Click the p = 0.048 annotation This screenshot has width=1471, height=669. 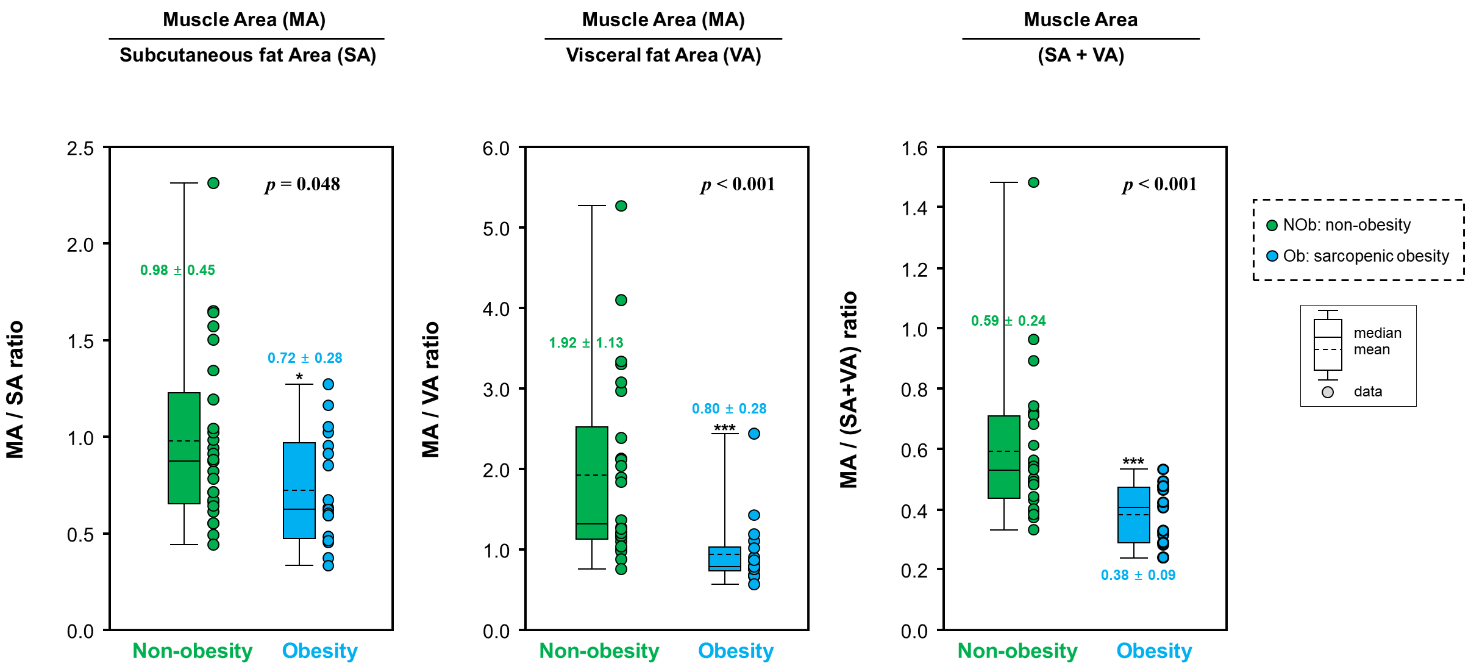pos(302,184)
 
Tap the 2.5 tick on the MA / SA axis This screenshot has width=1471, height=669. pos(80,149)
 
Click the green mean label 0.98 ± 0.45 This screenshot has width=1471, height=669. pos(177,270)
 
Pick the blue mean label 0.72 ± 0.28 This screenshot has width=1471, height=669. pos(305,358)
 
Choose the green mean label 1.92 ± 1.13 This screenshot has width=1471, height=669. pos(586,343)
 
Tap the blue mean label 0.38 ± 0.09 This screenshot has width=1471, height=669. pos(1138,575)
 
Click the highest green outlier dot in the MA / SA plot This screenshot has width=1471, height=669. pos(213,183)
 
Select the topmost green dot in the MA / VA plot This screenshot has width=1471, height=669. pos(621,206)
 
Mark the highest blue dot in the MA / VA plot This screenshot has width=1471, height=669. pos(754,434)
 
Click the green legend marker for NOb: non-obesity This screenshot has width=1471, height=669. pos(1272,226)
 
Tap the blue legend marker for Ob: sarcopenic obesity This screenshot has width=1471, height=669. pos(1272,256)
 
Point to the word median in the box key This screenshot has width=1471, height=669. pos(1377,333)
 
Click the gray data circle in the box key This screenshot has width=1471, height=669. pos(1327,392)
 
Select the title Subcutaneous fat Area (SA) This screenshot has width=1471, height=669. pos(248,55)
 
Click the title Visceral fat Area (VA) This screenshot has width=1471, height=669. pos(663,55)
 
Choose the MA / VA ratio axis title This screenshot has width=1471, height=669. pos(430,390)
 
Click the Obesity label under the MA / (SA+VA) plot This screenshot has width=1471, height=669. pos(1153,651)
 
